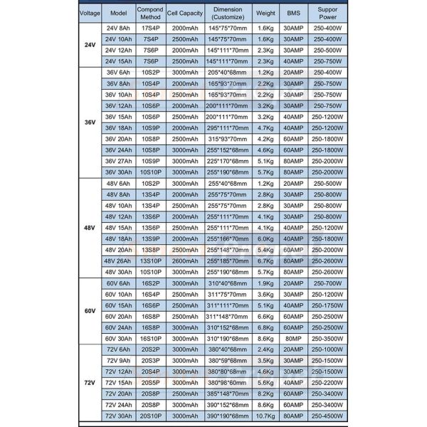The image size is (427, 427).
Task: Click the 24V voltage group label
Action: click(x=88, y=44)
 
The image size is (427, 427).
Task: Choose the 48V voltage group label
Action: click(x=88, y=228)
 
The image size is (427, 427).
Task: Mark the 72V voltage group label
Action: click(x=88, y=381)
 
